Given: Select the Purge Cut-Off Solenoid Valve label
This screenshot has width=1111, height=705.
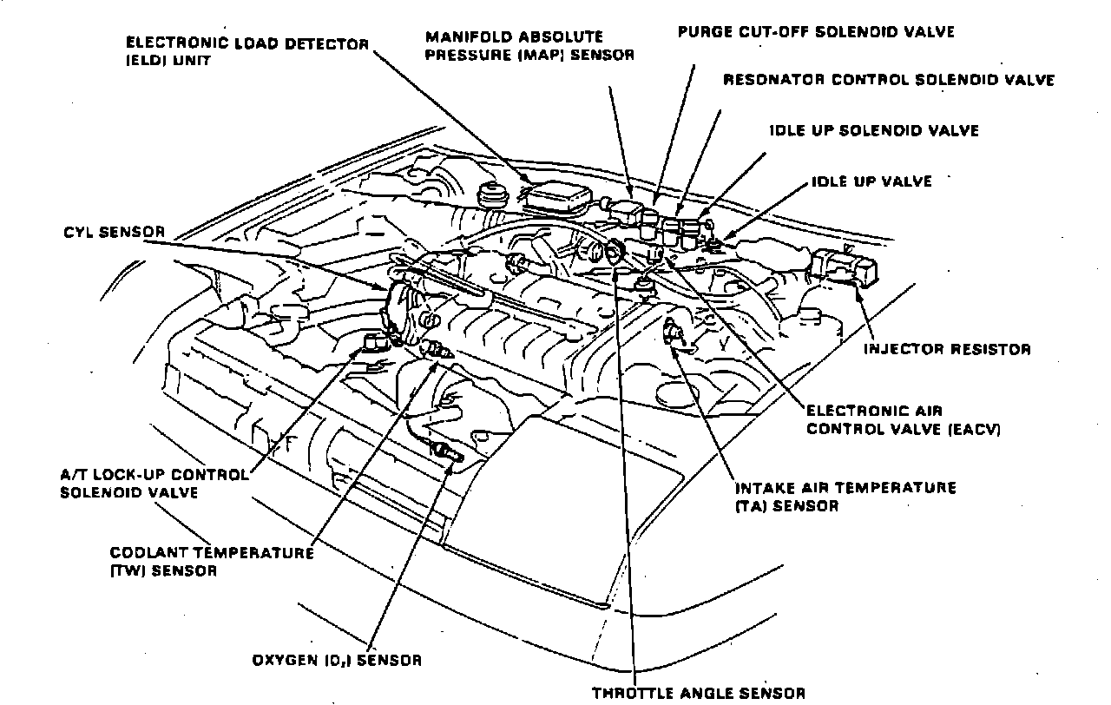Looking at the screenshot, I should pos(815,32).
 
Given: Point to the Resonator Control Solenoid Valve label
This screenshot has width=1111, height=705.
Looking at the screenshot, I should pos(889,80).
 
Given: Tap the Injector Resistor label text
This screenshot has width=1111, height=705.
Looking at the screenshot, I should pos(947,350).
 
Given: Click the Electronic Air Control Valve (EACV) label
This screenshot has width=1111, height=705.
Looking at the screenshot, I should pos(903,419).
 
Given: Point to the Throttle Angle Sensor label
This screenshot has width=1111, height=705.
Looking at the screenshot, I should pos(699,692).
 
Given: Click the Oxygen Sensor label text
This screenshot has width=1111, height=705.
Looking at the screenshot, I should pos(337,660).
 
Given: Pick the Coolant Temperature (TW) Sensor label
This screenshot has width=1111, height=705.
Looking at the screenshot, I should pos(212,562).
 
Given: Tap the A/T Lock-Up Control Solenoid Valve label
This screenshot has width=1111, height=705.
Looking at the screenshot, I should pos(154,484).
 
